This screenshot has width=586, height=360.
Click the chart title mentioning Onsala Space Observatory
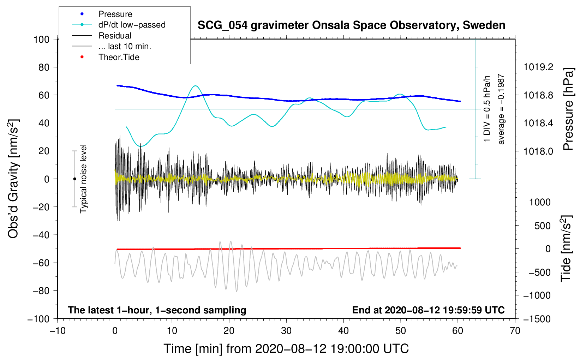pos(351,25)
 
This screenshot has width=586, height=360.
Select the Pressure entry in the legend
pos(115,14)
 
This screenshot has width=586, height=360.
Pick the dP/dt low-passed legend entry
pos(132,25)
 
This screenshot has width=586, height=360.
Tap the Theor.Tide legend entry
pos(119,57)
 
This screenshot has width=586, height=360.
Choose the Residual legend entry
pos(115,36)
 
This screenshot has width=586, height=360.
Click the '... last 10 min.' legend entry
pos(125,46)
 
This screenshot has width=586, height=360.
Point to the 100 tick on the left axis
pos(41,39)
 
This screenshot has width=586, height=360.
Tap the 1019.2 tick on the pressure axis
pos(538,67)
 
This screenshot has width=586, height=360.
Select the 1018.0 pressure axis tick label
pos(538,151)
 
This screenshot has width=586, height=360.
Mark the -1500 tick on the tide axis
pos(537,319)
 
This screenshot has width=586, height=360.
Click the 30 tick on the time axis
pos(286,331)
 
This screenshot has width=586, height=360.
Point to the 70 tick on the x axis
pos(515,331)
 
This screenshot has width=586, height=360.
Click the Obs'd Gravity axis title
pos(13,179)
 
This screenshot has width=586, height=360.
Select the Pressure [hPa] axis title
pos(568,109)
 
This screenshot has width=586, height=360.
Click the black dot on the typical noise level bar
pos(74,179)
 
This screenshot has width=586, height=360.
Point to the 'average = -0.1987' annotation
pos(501,109)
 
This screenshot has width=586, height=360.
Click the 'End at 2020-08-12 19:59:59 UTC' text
pos(428,310)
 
